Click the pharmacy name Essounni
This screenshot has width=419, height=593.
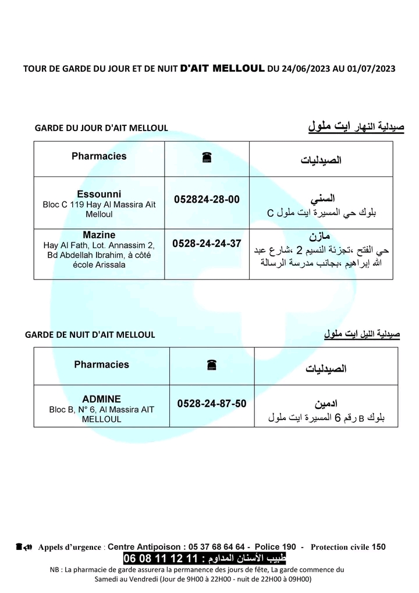pos(99,193)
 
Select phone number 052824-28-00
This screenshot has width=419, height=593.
pos(207,199)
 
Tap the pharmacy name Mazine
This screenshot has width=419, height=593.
pos(99,235)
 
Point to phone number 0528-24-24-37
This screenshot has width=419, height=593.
pos(207,243)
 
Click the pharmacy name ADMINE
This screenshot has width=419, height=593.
pos(102,399)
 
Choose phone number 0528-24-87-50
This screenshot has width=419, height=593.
pos(212,403)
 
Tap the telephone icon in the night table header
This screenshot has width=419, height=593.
pos(211,365)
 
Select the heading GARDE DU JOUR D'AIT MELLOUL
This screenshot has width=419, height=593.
pos(101,128)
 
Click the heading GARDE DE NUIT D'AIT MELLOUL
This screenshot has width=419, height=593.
pos(90,335)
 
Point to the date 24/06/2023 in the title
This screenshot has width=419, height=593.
pos(306,68)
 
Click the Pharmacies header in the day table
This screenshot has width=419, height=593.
pos(99,156)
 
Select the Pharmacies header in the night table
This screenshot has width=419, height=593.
pos(102,364)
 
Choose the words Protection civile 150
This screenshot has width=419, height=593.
pos(348,546)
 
